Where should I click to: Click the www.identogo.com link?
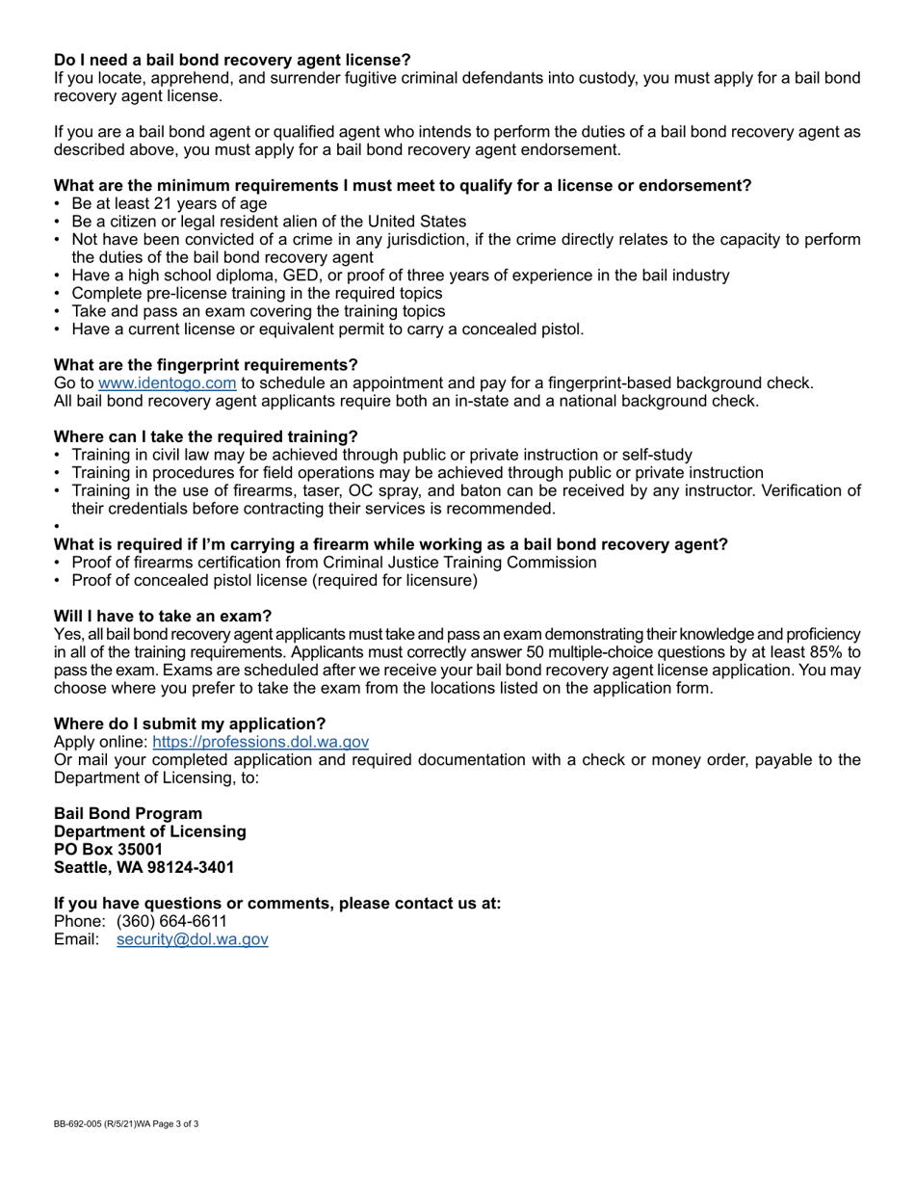pyautogui.click(x=167, y=383)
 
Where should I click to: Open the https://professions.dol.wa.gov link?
pyautogui.click(x=260, y=742)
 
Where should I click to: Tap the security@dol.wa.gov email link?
pyautogui.click(x=192, y=939)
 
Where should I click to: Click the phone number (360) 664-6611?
pyautogui.click(x=171, y=921)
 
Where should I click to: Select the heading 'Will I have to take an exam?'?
pyautogui.click(x=163, y=617)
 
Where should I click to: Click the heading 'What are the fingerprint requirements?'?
pyautogui.click(x=205, y=365)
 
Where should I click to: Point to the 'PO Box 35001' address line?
pyautogui.click(x=108, y=850)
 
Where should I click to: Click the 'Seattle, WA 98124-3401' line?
pyautogui.click(x=144, y=868)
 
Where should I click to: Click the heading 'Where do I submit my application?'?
pyautogui.click(x=190, y=724)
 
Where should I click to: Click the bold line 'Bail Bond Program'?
pyautogui.click(x=128, y=814)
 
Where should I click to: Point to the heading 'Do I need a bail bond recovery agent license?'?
pyautogui.click(x=232, y=60)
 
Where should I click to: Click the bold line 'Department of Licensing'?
pyautogui.click(x=149, y=831)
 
